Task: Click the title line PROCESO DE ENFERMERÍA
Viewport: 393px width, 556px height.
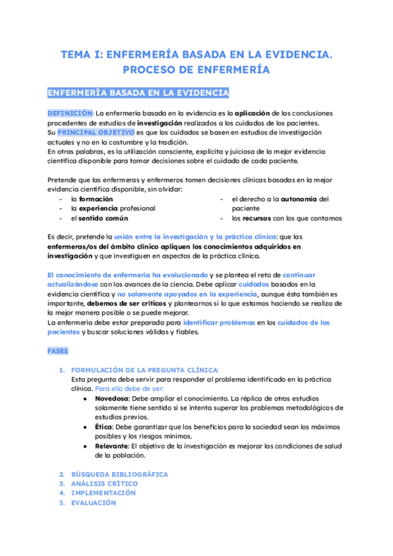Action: click(196, 69)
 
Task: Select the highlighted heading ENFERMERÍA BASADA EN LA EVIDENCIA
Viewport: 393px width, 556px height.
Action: click(138, 92)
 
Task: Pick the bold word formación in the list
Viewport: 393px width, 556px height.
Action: click(96, 199)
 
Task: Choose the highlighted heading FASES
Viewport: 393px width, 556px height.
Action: click(58, 351)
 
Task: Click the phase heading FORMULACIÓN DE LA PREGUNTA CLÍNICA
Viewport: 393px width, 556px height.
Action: click(145, 370)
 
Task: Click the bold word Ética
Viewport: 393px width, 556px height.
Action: click(103, 427)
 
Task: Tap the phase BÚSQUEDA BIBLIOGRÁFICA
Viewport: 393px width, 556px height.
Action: click(119, 474)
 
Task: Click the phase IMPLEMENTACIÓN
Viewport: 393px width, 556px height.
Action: click(103, 492)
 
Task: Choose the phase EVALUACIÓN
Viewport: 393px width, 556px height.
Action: click(93, 502)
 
